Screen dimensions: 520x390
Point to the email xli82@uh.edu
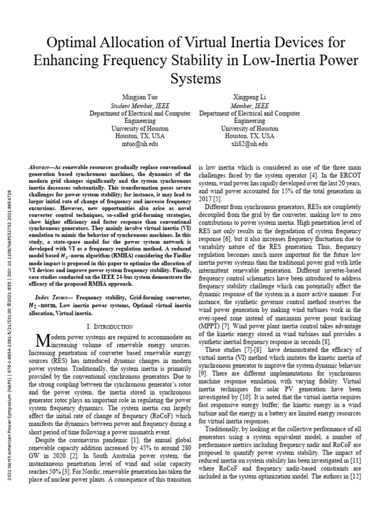[x=249, y=144]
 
